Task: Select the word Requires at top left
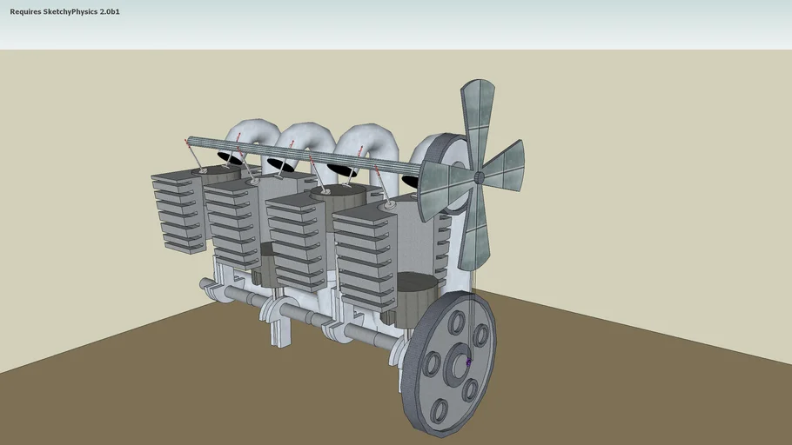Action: [x=24, y=12]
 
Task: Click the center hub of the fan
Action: [x=479, y=177]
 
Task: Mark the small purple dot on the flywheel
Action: [x=468, y=362]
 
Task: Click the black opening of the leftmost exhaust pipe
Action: [x=230, y=158]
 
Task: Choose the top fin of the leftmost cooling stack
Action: [x=178, y=176]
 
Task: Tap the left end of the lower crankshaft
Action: [x=205, y=283]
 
